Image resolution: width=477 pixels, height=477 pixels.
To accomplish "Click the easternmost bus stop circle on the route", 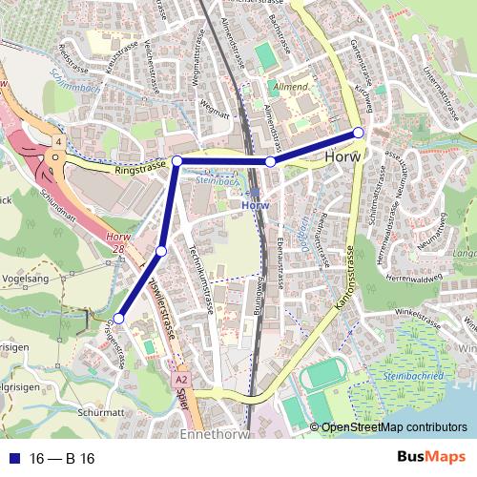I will tap(358, 133).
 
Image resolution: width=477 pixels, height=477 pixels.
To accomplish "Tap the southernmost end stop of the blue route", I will tap(119, 319).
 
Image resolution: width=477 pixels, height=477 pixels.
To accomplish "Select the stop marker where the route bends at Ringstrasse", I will tap(176, 161).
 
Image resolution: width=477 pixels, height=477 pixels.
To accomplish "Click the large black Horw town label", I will tap(343, 156).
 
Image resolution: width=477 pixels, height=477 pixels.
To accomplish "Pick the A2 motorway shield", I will tap(181, 379).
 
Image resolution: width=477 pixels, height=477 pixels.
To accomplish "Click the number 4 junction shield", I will tap(59, 142).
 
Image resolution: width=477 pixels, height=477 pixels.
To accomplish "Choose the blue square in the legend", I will tap(11, 459).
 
